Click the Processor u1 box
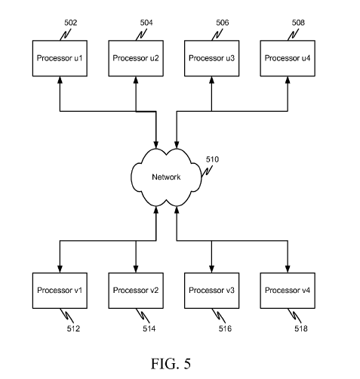coord(60,58)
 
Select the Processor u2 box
coord(136,58)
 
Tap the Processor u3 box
coord(212,58)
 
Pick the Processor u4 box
coord(288,58)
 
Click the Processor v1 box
coord(60,291)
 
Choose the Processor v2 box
coord(136,291)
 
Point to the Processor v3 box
coord(212,291)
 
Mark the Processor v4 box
coord(288,291)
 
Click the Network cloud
coord(166,177)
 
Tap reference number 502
coord(70,23)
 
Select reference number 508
coord(298,23)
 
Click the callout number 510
coord(212,159)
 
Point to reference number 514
coord(149,328)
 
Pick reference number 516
coord(225,328)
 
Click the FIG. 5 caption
coord(171,363)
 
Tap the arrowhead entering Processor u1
coord(60,80)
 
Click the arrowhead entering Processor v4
coord(288,269)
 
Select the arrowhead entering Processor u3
coord(212,80)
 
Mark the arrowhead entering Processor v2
coord(136,269)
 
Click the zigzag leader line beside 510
coord(207,171)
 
